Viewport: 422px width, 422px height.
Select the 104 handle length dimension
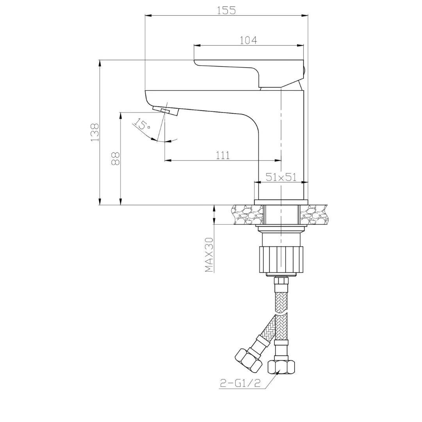pyautogui.click(x=249, y=40)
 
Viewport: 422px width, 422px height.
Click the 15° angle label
pyautogui.click(x=142, y=125)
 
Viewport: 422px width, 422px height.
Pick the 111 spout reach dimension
pyautogui.click(x=223, y=155)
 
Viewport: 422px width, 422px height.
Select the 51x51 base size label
pyautogui.click(x=281, y=177)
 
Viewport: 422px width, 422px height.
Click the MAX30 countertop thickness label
pyautogui.click(x=209, y=255)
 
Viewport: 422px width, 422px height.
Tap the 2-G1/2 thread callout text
pyautogui.click(x=240, y=383)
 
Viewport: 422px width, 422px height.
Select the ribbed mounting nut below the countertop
pyautogui.click(x=281, y=259)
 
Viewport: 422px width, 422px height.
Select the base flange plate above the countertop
pyautogui.click(x=281, y=202)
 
